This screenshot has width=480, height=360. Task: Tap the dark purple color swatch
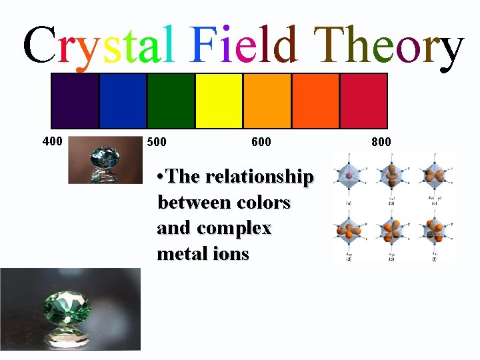coord(75,101)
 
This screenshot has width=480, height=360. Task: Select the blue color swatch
coord(123,101)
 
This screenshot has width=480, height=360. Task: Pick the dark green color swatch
coord(171,101)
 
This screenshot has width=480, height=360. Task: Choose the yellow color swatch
coord(219,101)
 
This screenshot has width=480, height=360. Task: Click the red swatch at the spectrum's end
coord(363,101)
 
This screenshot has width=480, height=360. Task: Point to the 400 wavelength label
coord(52,141)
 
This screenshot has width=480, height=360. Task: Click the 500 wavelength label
coord(157,142)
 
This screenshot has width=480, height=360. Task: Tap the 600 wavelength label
coord(261,142)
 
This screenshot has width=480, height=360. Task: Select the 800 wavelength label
coord(381,142)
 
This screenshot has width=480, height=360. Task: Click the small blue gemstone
coord(105,160)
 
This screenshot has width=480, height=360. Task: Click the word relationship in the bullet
coord(260,177)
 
